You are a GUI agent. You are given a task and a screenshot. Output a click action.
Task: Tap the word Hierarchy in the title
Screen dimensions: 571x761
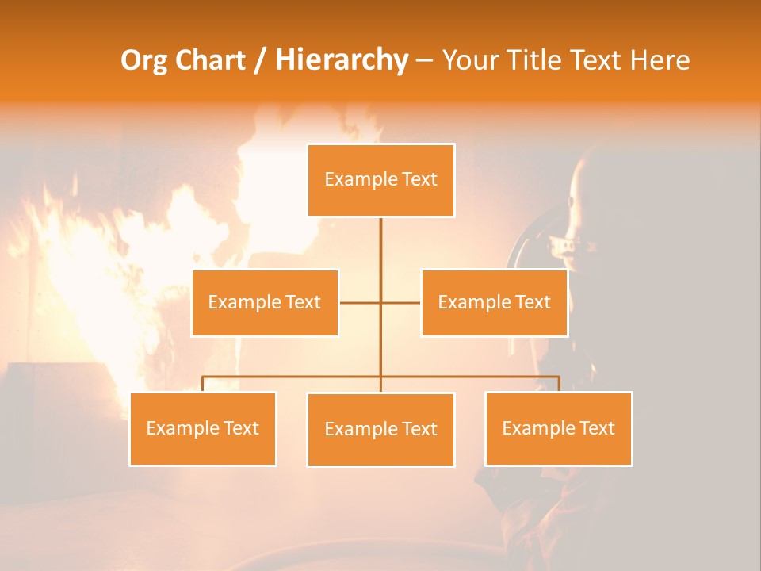[x=342, y=60]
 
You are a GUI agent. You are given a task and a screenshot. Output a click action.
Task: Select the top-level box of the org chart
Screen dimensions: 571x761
[x=380, y=180]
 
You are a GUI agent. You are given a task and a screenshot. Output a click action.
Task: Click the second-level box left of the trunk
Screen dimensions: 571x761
[x=265, y=302]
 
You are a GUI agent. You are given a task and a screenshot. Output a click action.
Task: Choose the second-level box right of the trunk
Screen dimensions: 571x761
[x=494, y=302]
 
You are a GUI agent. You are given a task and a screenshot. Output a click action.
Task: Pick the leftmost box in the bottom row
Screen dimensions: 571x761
[x=203, y=428]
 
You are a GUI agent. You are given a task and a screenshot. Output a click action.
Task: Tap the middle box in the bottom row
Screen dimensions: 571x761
[x=380, y=429]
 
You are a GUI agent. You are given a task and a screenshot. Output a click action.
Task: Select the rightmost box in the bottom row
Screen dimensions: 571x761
[x=558, y=428]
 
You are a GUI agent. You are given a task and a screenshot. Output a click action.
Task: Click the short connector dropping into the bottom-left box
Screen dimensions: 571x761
[x=203, y=384]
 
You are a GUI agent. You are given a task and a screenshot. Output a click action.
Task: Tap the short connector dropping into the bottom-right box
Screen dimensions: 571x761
[x=558, y=384]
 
